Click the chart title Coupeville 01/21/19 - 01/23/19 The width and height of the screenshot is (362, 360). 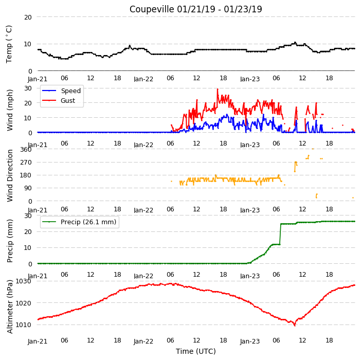(195, 9)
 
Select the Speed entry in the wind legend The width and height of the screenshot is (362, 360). (70, 91)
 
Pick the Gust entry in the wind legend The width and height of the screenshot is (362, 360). (68, 100)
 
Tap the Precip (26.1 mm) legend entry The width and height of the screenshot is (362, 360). (88, 222)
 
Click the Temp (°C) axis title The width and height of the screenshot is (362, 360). (9, 44)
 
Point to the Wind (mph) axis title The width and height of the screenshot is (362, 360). (10, 111)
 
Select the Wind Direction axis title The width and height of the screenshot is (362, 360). (10, 175)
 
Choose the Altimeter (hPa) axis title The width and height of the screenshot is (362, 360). (10, 307)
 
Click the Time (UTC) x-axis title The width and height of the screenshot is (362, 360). (196, 351)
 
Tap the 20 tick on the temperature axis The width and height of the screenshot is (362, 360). (28, 17)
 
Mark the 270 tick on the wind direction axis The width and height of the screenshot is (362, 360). (26, 163)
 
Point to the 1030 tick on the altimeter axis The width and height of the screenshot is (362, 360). (23, 281)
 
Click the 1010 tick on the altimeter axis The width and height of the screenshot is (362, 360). (23, 325)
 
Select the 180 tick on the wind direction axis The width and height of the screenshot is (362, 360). (26, 175)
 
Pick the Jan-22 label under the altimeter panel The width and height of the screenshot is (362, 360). (143, 341)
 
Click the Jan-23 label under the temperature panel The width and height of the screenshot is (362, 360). (250, 79)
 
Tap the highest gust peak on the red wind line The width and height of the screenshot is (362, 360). (218, 89)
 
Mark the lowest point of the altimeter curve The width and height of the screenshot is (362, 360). (295, 326)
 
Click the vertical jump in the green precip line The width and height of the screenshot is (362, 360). (280, 234)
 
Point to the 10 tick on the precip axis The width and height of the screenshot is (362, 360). (28, 248)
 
